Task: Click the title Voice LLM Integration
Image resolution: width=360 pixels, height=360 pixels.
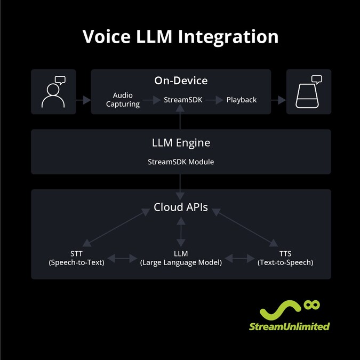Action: [180, 37]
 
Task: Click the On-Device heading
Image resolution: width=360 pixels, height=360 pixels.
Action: [181, 81]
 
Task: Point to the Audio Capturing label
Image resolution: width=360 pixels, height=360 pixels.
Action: [123, 100]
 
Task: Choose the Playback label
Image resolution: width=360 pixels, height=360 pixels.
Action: [241, 100]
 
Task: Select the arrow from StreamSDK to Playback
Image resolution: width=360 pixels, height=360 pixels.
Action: [213, 100]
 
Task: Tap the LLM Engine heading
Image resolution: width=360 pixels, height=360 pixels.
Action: [181, 143]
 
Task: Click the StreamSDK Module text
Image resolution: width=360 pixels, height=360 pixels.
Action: [181, 161]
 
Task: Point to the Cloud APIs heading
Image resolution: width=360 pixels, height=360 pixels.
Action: [181, 207]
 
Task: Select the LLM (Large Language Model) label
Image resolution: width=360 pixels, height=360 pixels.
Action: [181, 258]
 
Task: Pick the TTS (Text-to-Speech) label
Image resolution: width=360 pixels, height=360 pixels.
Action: [285, 258]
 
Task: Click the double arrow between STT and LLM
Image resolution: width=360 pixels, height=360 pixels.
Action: [126, 258]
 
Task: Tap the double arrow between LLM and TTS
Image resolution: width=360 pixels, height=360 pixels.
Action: [239, 258]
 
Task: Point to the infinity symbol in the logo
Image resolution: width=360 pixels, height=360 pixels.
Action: [311, 305]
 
